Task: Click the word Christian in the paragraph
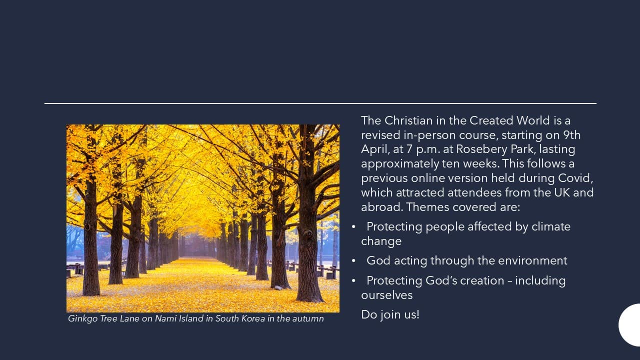pyautogui.click(x=408, y=120)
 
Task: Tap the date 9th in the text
pyautogui.click(x=571, y=135)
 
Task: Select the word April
pyautogui.click(x=373, y=149)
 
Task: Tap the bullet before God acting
pyautogui.click(x=353, y=261)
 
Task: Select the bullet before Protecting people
pyautogui.click(x=353, y=227)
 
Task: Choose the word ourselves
pyautogui.click(x=387, y=295)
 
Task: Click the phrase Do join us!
pyautogui.click(x=390, y=314)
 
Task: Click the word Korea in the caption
pyautogui.click(x=253, y=318)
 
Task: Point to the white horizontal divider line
pyautogui.click(x=320, y=103)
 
